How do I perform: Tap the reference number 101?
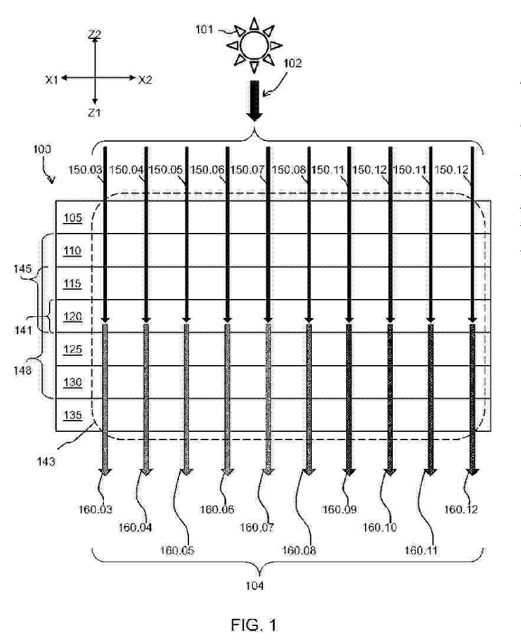click(x=204, y=29)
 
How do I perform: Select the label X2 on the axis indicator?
click(x=145, y=80)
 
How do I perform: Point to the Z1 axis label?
click(x=95, y=112)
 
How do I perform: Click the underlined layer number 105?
click(x=73, y=218)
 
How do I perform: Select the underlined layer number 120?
click(x=73, y=317)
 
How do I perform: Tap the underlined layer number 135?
click(x=73, y=415)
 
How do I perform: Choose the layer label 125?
click(x=73, y=349)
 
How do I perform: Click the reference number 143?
click(x=46, y=462)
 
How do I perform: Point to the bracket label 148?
click(x=22, y=370)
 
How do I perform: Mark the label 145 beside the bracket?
click(x=22, y=268)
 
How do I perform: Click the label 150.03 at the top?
click(x=84, y=170)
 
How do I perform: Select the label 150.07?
click(x=247, y=170)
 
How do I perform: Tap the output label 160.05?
click(x=177, y=550)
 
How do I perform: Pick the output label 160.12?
click(x=461, y=509)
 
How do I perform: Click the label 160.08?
click(x=299, y=550)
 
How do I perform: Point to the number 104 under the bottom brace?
click(x=255, y=586)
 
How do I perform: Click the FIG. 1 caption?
click(x=254, y=625)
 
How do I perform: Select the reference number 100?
click(x=42, y=149)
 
